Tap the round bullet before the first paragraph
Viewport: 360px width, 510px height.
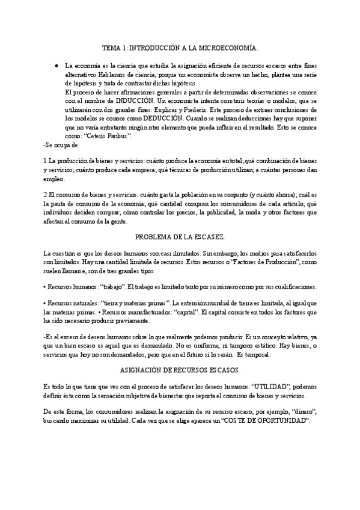[55, 65]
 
